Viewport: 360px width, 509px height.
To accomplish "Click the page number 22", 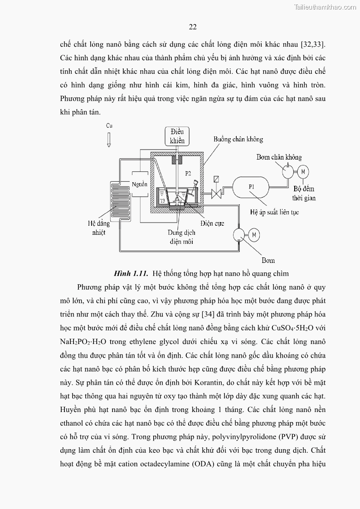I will [x=192, y=27].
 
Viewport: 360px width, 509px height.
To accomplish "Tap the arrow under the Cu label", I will [x=109, y=138].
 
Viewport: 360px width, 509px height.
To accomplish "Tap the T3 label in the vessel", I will [x=162, y=200].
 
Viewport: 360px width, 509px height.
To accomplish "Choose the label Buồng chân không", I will [x=238, y=140].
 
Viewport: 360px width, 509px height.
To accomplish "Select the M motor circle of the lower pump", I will [x=254, y=234].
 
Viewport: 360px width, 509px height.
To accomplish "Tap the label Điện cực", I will [x=213, y=223].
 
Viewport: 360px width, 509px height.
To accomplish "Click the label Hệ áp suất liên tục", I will [x=274, y=212].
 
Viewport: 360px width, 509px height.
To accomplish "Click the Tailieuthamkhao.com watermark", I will [x=325, y=7].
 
